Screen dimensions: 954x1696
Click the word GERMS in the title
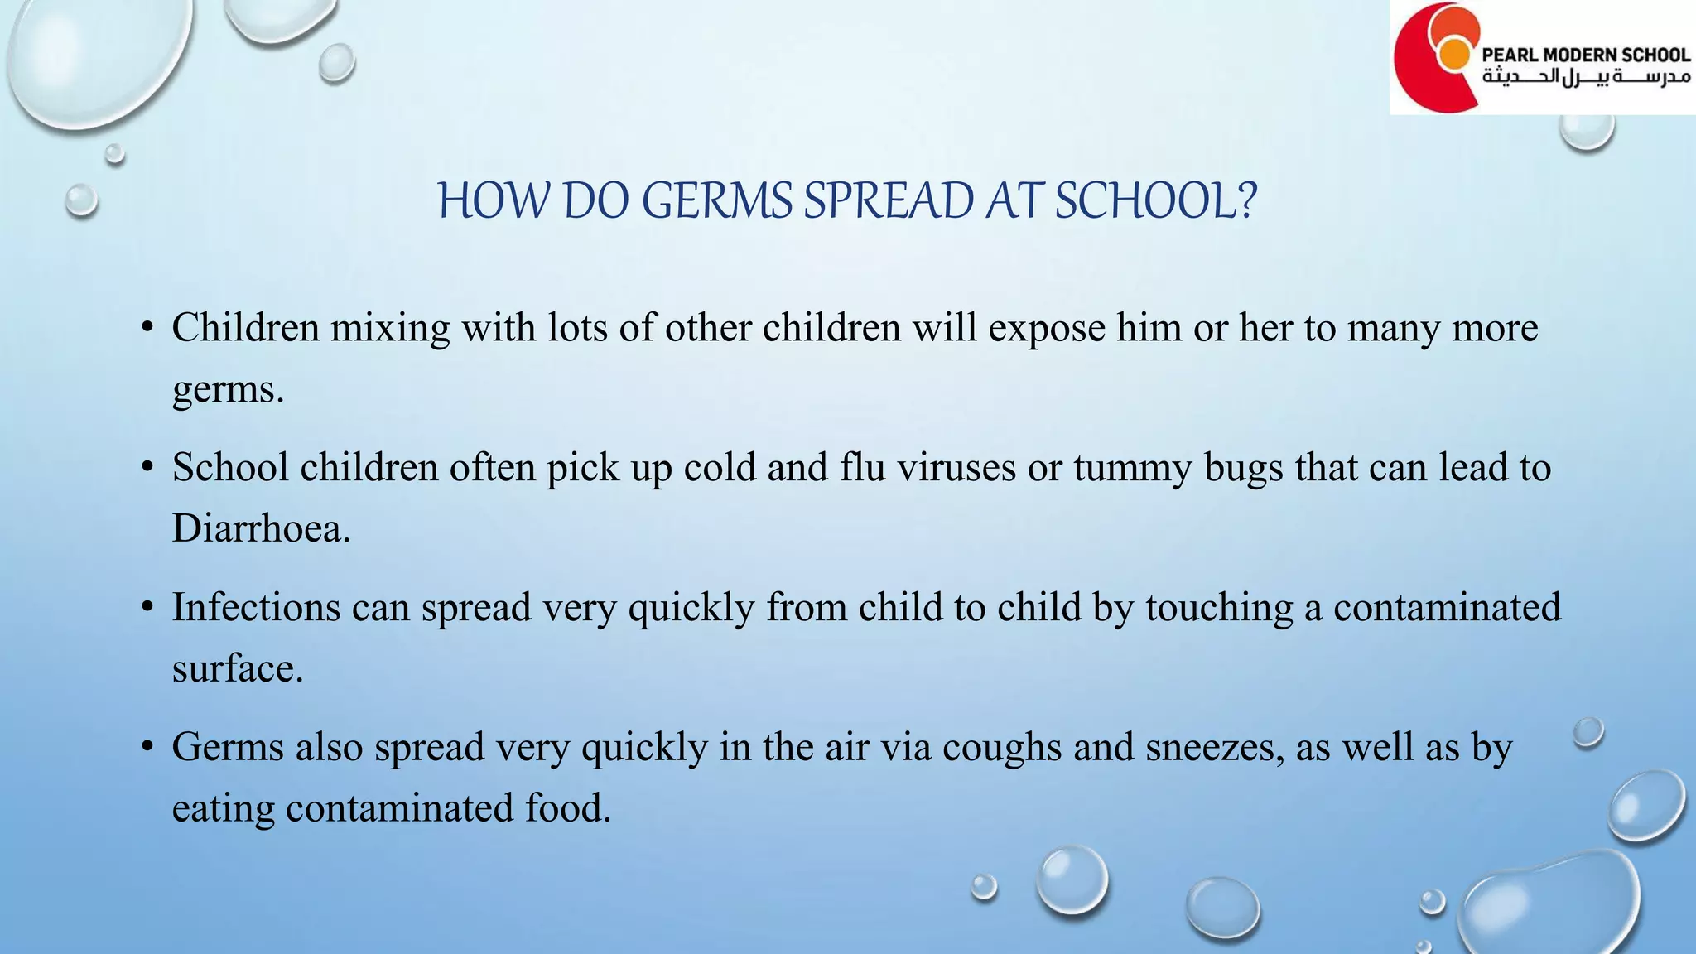pos(716,201)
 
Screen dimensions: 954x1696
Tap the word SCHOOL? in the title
pos(1156,201)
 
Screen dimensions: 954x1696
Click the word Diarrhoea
pos(261,528)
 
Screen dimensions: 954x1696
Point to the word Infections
pos(256,607)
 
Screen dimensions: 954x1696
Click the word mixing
pos(391,329)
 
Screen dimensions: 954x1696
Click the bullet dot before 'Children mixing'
pos(147,328)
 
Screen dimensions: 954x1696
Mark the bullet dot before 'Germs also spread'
pos(147,747)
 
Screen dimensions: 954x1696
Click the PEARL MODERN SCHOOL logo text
pos(1585,55)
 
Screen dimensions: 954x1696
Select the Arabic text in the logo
pos(1585,78)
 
